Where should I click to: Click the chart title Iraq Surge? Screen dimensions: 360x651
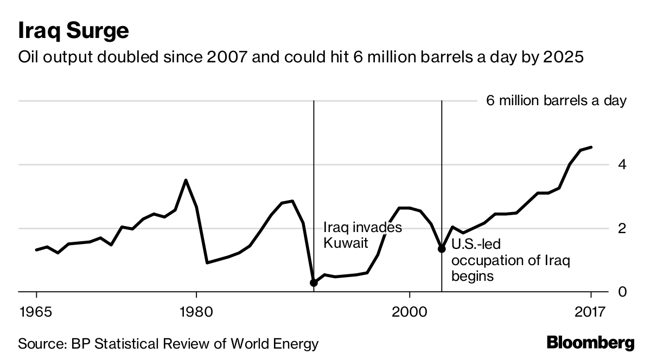pos(73,31)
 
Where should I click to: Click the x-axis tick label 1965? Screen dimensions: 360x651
pos(36,312)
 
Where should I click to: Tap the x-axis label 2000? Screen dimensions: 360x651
pos(409,312)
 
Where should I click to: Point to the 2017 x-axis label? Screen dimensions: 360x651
pos(590,312)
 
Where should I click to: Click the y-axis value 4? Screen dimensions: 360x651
pos(623,164)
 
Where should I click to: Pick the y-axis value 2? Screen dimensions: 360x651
pos(623,228)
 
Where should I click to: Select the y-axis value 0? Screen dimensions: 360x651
pos(623,292)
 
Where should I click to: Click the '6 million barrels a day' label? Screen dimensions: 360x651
pos(556,101)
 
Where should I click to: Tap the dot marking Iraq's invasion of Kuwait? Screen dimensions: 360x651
pos(314,283)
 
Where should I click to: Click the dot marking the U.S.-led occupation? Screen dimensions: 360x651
pos(442,249)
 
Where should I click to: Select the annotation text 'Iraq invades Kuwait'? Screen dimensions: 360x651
pos(362,235)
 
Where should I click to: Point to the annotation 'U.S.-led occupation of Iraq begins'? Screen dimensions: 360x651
pos(510,261)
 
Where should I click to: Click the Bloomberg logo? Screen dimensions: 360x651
pos(590,343)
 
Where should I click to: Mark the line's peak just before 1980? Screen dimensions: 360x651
pos(186,180)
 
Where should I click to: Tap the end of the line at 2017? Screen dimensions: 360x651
pos(591,147)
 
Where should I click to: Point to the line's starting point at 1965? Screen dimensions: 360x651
pos(36,250)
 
